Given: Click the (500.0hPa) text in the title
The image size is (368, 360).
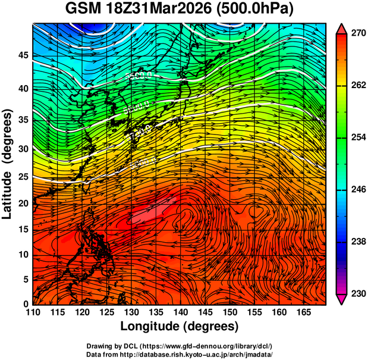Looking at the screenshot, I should coord(257,10).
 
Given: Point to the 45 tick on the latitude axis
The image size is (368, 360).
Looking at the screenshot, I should coord(24,55).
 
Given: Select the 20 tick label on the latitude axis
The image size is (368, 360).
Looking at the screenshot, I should coord(24,203).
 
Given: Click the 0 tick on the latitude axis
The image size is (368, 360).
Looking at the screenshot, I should coord(27,304).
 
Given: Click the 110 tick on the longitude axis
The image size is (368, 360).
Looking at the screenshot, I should coord(33,313).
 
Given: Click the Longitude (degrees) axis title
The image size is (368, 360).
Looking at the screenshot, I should coord(180,327).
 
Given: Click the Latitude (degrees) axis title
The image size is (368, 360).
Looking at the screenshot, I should coord(8,164).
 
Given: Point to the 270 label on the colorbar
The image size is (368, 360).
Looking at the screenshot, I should coord(357,34).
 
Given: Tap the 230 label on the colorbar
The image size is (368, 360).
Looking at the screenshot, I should coord(357,294).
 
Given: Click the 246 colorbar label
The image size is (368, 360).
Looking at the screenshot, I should coord(357,190).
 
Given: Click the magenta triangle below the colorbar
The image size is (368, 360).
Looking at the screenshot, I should coord(342,299).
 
